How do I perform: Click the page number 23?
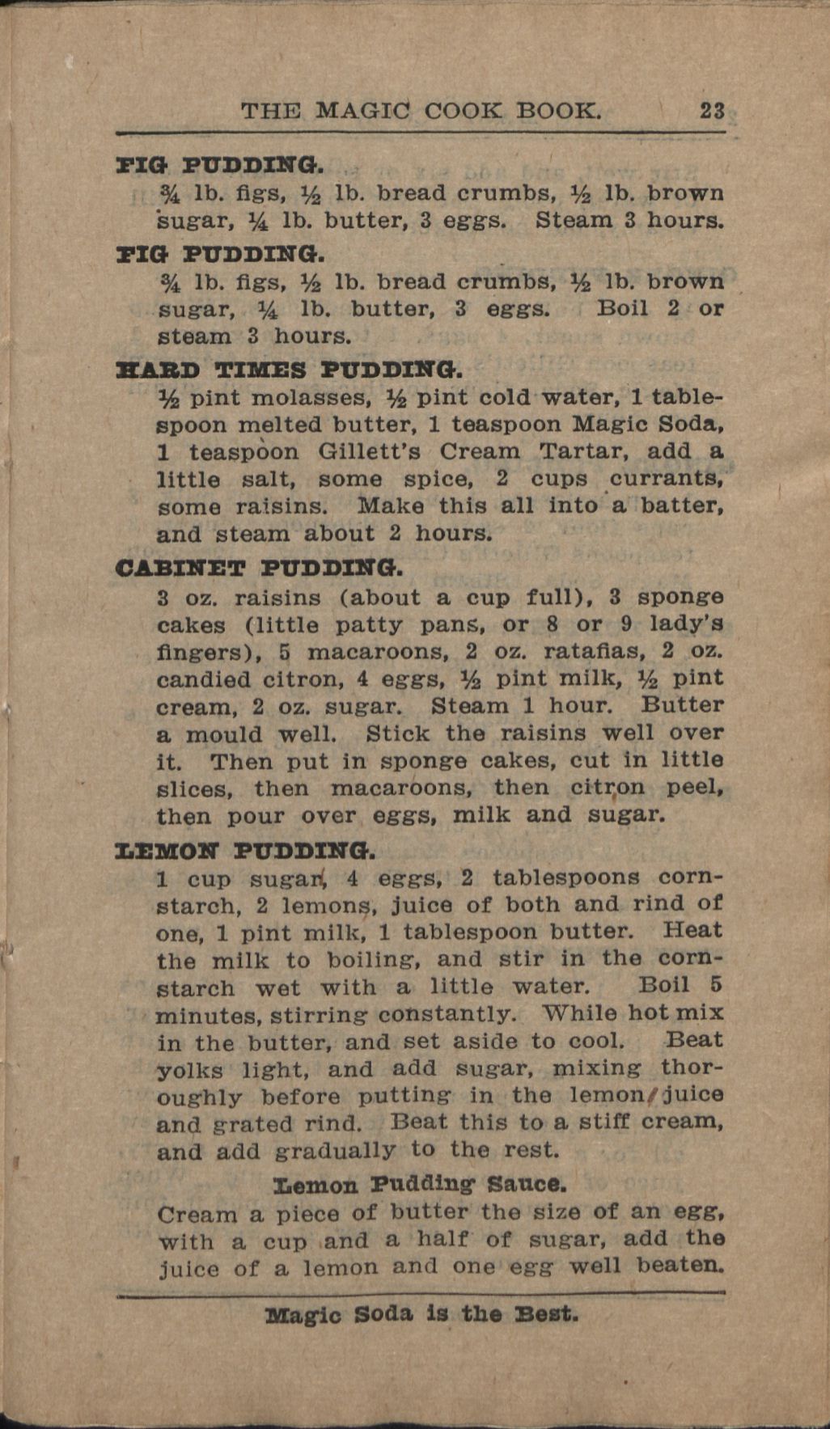click(x=712, y=110)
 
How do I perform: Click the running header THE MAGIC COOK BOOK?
click(x=421, y=110)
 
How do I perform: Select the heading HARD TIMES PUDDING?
click(x=290, y=371)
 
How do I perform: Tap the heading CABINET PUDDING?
click(x=259, y=568)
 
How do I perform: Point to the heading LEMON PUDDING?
click(x=246, y=851)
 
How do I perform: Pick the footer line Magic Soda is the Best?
click(x=421, y=1314)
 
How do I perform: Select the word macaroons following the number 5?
click(x=377, y=652)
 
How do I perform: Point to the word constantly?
click(x=446, y=1014)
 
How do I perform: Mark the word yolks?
click(x=189, y=1070)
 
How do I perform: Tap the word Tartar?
click(x=582, y=451)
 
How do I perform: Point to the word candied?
click(x=204, y=679)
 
